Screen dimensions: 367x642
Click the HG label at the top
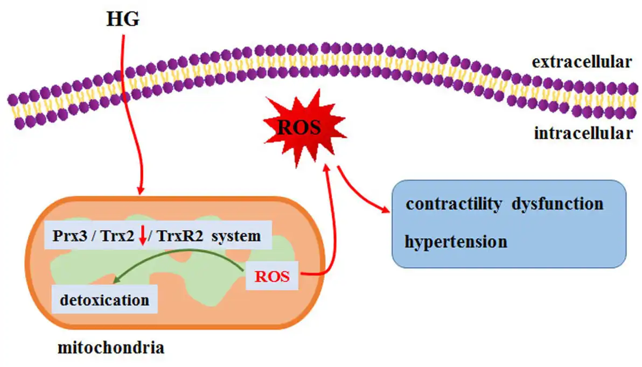[x=123, y=19]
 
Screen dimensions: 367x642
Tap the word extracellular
[x=582, y=62]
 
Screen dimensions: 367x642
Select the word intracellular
[x=583, y=133]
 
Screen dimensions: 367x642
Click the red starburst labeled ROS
[x=299, y=128]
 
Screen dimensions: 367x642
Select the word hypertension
[x=456, y=241]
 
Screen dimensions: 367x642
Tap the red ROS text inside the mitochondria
[x=272, y=277]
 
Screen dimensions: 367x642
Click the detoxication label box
[x=104, y=299]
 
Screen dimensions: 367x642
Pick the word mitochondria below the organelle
[x=111, y=348]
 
